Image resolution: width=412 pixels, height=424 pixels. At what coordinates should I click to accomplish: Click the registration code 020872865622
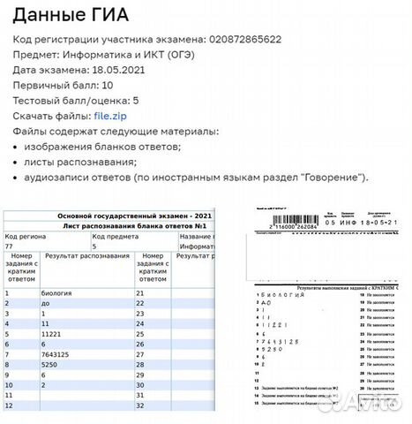[x=244, y=40]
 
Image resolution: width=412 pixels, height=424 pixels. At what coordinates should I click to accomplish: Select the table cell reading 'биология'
[x=57, y=291]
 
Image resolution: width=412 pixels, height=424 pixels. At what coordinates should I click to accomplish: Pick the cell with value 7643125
[x=60, y=351]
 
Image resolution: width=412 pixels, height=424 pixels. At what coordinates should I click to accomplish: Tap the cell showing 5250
[x=51, y=362]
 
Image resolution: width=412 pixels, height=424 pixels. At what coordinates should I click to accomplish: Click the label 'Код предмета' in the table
[x=115, y=237]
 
